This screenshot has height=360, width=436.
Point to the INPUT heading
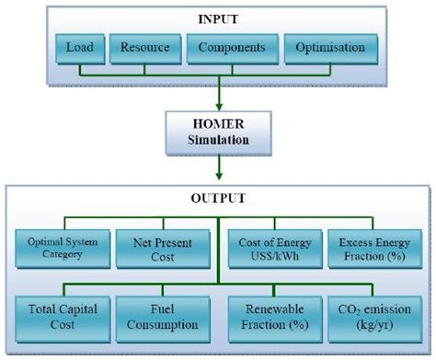pyautogui.click(x=218, y=17)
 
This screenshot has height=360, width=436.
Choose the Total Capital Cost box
pyautogui.click(x=63, y=317)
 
